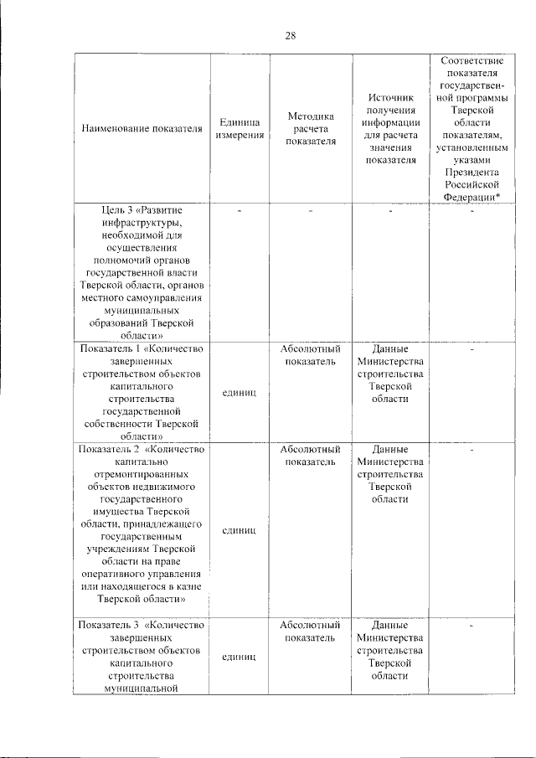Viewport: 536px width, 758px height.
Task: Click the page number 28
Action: [x=291, y=35]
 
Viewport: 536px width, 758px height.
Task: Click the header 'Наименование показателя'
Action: [x=142, y=129]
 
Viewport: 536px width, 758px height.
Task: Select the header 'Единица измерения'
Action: [x=240, y=129]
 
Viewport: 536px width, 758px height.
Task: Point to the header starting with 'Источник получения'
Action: [x=390, y=128]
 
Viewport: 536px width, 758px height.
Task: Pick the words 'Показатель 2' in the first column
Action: [x=109, y=449]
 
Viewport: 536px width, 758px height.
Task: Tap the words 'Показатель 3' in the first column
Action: [x=109, y=625]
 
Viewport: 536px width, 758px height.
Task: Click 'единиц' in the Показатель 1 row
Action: [x=240, y=393]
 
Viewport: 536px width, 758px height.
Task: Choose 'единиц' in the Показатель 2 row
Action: [x=240, y=531]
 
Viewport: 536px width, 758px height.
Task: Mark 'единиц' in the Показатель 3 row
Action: [x=240, y=657]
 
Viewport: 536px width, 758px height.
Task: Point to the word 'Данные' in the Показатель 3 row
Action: [x=390, y=625]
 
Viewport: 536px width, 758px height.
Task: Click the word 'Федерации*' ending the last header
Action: [x=472, y=196]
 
